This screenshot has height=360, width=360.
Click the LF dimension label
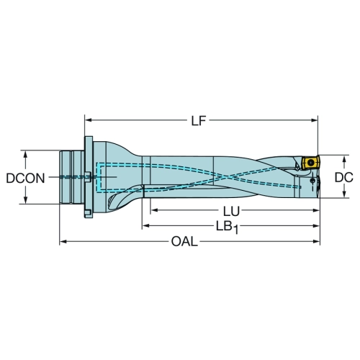(199, 121)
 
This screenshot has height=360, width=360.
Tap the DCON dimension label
(25, 179)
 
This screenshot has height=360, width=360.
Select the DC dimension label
(343, 177)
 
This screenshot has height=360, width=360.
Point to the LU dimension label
(231, 212)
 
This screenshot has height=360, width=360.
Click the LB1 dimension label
(227, 228)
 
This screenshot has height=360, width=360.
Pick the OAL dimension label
(184, 241)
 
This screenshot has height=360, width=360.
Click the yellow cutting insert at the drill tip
(310, 163)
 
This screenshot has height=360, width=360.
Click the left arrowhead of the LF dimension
(89, 120)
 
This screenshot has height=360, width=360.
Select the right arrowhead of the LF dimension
(315, 120)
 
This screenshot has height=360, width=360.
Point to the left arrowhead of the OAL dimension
(63, 241)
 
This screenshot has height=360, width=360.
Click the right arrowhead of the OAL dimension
(316, 241)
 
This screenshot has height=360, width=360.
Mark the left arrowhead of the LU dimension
(154, 210)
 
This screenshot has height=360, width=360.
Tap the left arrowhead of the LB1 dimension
(146, 225)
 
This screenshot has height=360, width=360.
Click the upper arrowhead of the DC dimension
(345, 158)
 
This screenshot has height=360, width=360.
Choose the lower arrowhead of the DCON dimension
(25, 200)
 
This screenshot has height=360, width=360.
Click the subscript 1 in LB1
(236, 230)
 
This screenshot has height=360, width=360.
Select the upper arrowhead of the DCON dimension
(25, 154)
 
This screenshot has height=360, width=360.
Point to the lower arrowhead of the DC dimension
(345, 194)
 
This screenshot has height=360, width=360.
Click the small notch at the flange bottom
(87, 212)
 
